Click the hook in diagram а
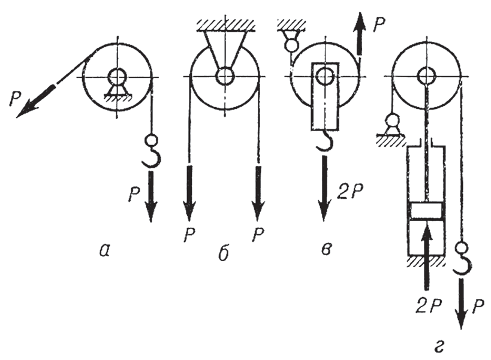(151, 153)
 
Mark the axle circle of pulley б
(225, 76)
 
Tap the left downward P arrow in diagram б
(189, 192)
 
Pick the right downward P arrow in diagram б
(258, 192)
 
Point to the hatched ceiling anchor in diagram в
(291, 24)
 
